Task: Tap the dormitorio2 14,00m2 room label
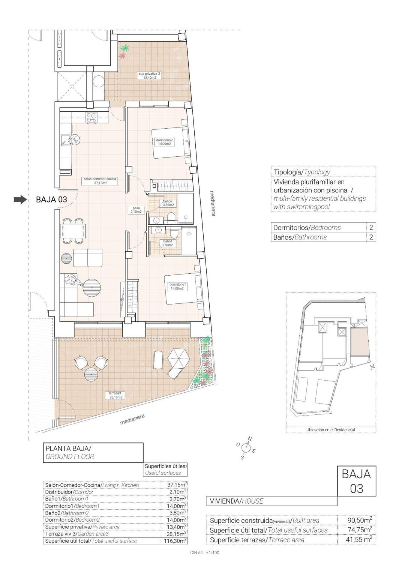point(164,142)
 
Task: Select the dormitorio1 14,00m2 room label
point(178,286)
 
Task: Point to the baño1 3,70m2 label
point(167,243)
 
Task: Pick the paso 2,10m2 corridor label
point(136,210)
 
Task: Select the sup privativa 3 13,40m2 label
point(149,76)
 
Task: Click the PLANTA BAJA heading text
point(68,448)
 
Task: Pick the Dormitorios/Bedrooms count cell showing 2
point(371,227)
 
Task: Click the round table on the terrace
point(91,373)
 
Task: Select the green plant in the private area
point(125,48)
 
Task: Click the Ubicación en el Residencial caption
point(330,430)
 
